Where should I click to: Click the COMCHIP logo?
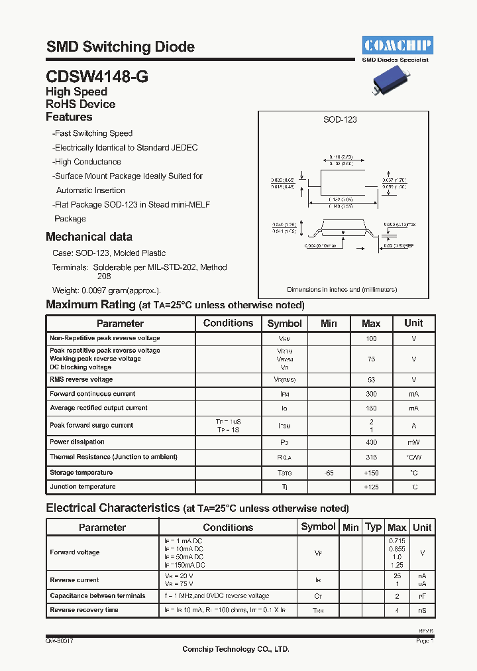(397, 45)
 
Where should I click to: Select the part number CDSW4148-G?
(97, 76)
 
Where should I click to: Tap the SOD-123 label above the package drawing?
(340, 119)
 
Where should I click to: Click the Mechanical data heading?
(89, 237)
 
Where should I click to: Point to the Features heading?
(69, 117)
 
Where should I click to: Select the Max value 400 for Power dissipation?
(371, 442)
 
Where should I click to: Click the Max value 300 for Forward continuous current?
(371, 394)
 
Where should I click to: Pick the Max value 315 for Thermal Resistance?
(371, 457)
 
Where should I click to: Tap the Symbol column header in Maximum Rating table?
(284, 324)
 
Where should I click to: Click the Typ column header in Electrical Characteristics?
(374, 527)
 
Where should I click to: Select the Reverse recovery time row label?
(84, 610)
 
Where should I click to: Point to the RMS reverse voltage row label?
(81, 380)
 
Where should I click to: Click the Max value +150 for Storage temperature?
(371, 473)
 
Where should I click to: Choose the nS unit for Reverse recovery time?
(422, 610)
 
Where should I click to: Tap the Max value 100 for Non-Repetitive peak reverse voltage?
(371, 339)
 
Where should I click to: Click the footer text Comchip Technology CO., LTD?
(236, 649)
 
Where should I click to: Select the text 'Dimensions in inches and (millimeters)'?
(342, 290)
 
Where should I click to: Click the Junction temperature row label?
(83, 487)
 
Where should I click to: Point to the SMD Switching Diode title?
(121, 47)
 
